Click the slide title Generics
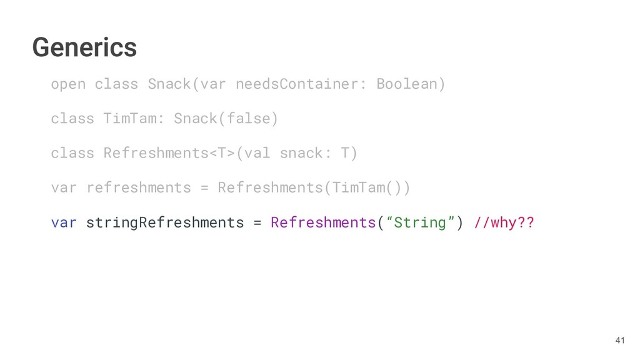pyautogui.click(x=84, y=47)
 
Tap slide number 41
pyautogui.click(x=619, y=340)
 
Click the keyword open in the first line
pyautogui.click(x=68, y=84)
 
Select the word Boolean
pyautogui.click(x=411, y=84)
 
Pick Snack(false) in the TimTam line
pyautogui.click(x=226, y=118)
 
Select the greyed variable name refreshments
pyautogui.click(x=138, y=187)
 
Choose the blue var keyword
pyautogui.click(x=64, y=222)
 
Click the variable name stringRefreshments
pyautogui.click(x=164, y=222)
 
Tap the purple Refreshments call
pyautogui.click(x=322, y=222)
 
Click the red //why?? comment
pyautogui.click(x=504, y=222)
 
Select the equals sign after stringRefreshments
pyautogui.click(x=257, y=222)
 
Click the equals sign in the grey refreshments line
pyautogui.click(x=204, y=187)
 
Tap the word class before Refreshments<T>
pyautogui.click(x=72, y=153)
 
